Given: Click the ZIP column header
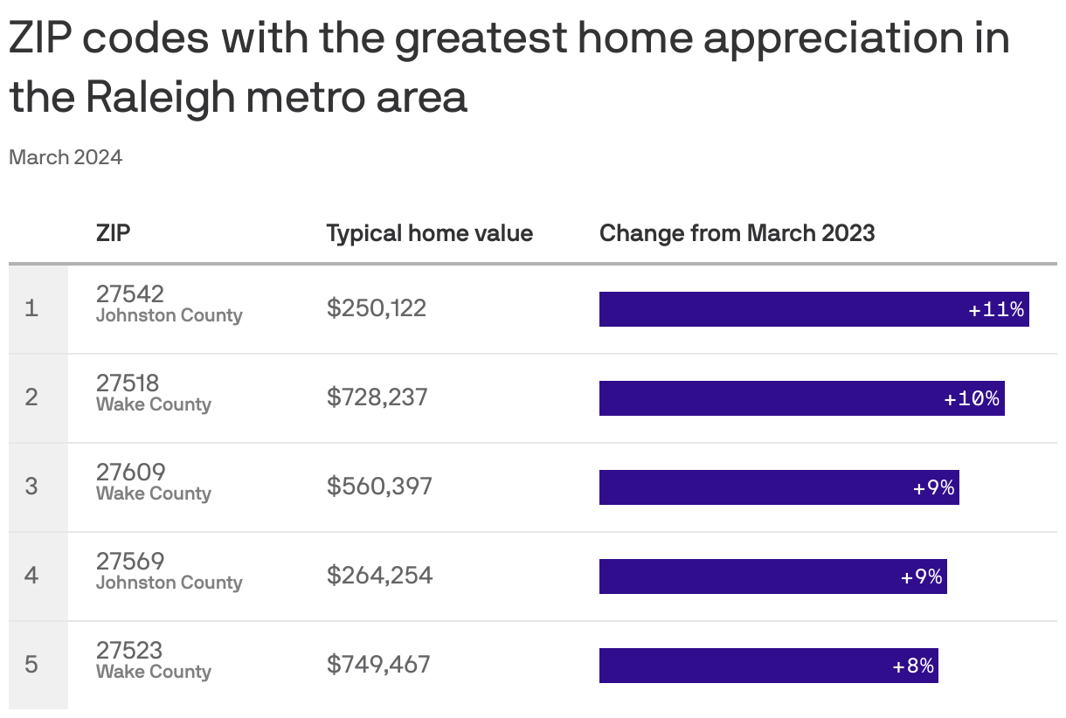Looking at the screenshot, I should tap(114, 233).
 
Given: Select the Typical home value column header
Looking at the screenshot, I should tap(429, 233).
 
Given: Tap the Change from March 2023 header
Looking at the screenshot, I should tap(737, 233).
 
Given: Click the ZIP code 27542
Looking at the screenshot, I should tap(130, 293).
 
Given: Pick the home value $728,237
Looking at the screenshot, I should tap(377, 397).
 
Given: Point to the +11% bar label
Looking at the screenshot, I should tap(996, 309).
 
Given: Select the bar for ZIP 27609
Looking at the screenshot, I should tap(778, 487).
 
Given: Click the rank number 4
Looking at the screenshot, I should tap(31, 576).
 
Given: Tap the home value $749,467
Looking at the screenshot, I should tap(378, 665).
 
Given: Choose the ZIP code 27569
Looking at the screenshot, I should tap(130, 561).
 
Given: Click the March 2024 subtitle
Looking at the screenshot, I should tap(66, 157).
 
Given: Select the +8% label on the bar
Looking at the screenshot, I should tap(913, 666).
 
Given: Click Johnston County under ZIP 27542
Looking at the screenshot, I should tap(169, 315).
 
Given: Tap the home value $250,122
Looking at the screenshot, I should tap(377, 308).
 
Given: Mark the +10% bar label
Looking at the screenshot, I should tap(972, 398).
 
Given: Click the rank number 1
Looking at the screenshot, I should tap(31, 308).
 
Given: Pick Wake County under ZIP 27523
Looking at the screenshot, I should tap(154, 672).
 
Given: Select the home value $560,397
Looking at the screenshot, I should tap(379, 487).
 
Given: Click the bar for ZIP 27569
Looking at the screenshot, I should tap(772, 576).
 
